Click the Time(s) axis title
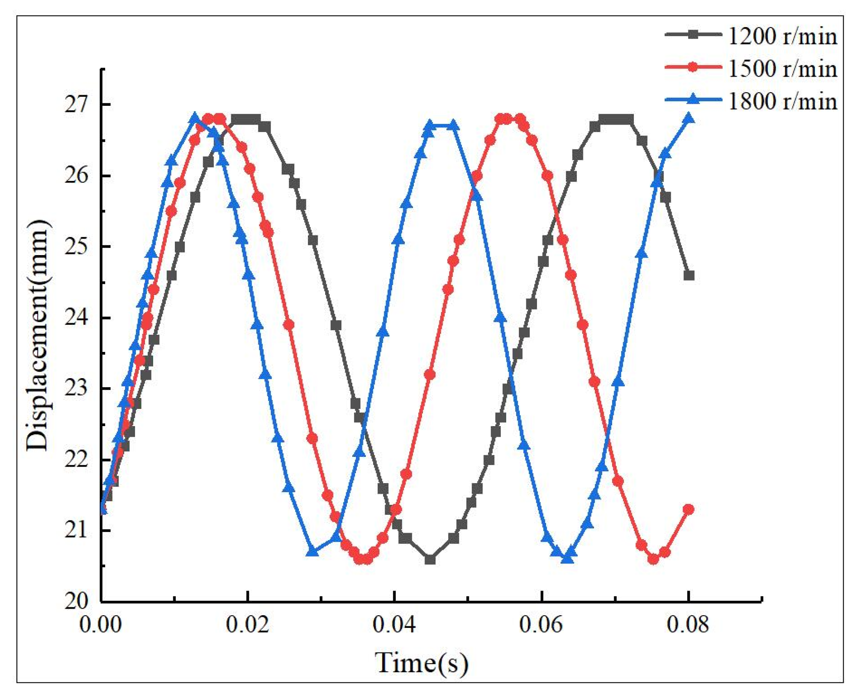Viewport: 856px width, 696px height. (421, 663)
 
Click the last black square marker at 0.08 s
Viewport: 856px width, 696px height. (689, 275)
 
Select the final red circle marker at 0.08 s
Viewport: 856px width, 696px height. (688, 509)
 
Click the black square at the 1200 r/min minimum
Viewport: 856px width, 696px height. (430, 559)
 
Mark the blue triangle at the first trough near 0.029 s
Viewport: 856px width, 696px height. (313, 552)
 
